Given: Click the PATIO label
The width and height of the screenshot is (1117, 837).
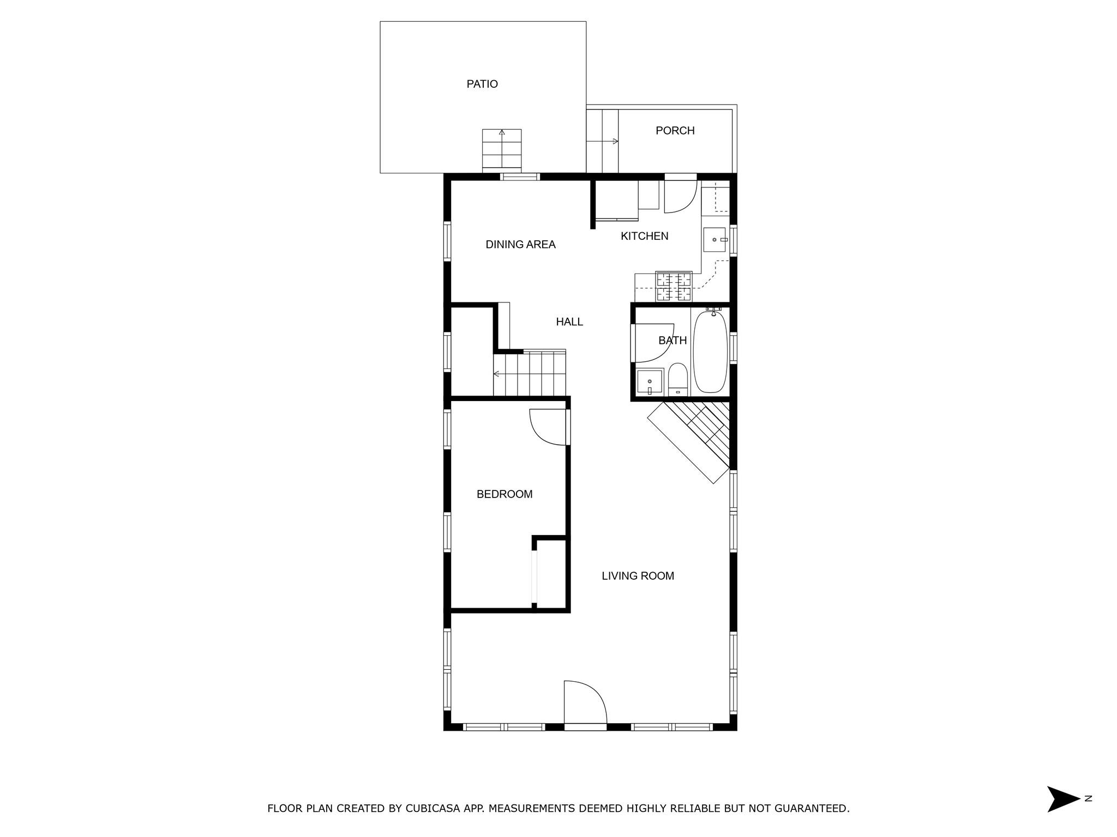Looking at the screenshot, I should click(482, 84).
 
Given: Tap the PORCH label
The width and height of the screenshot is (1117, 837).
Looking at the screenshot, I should click(675, 131).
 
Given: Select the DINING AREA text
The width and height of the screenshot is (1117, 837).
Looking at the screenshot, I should click(520, 245).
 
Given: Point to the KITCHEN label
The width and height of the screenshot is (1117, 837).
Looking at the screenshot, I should click(644, 236).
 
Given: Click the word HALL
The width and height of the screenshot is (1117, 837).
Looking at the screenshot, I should click(569, 322).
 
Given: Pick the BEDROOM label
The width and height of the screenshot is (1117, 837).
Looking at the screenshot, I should click(505, 494).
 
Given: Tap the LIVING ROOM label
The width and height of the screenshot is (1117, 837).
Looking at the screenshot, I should click(638, 576).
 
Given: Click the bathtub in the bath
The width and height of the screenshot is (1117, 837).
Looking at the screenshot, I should click(710, 351).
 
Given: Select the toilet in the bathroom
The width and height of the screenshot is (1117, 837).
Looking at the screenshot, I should click(678, 379).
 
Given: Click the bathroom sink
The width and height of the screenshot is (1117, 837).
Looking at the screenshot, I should click(650, 381).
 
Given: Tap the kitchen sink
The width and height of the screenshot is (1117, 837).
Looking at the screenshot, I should click(714, 240).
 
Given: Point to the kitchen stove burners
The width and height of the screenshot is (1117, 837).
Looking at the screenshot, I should click(674, 287).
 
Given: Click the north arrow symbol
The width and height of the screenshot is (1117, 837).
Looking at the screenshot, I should click(1062, 799).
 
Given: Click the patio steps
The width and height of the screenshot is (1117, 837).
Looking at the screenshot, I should click(502, 150).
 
